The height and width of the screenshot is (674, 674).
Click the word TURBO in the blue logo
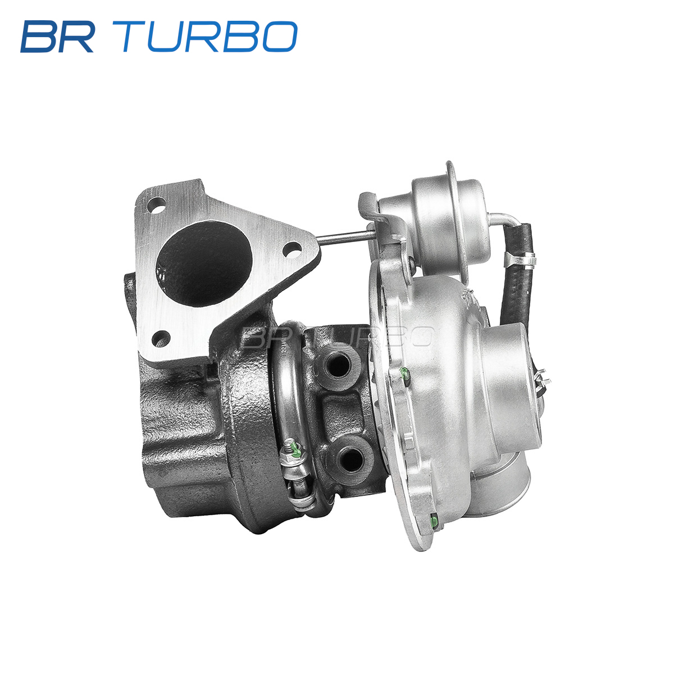[210, 37]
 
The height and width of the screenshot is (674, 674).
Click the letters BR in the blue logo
[58, 37]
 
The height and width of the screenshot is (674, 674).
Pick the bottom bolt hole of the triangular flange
[161, 339]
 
